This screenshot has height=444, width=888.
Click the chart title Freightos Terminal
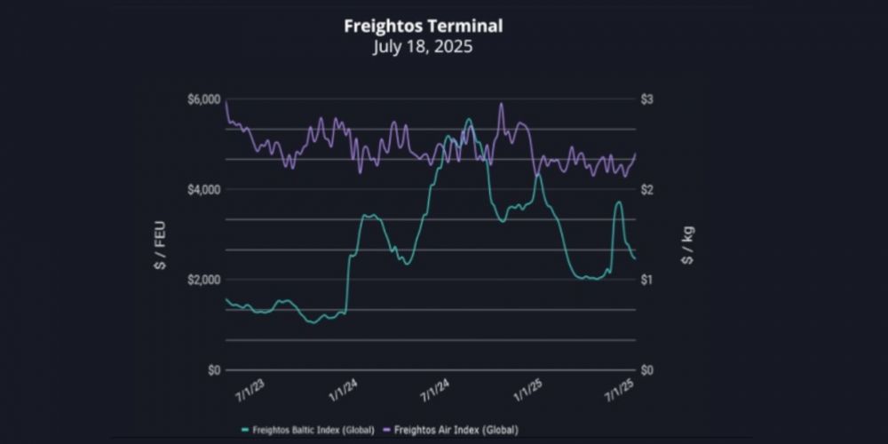point(423,26)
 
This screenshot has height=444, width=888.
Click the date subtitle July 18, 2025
point(423,46)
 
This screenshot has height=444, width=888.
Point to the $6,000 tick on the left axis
point(203,99)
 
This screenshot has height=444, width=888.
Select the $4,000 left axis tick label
point(203,189)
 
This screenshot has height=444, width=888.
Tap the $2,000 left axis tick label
point(203,280)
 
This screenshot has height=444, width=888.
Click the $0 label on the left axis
point(214,369)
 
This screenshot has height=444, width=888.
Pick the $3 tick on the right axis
point(647,99)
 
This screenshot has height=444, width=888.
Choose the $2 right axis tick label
point(647,189)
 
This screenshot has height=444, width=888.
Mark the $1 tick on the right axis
point(647,280)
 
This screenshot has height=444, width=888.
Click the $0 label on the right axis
point(647,369)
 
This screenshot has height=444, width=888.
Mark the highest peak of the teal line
point(469,119)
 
